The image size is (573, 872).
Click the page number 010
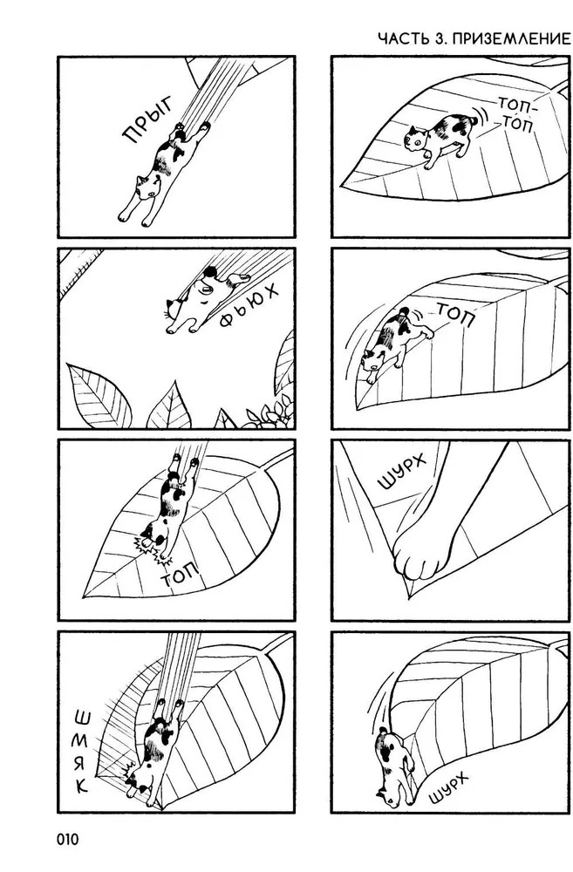click(x=67, y=839)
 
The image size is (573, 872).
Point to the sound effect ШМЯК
click(x=81, y=754)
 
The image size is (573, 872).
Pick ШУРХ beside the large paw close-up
click(x=402, y=471)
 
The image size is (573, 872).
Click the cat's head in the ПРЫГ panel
click(x=147, y=185)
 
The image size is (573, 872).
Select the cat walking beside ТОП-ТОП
click(x=440, y=139)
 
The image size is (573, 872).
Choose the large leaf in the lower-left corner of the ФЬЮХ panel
click(x=98, y=395)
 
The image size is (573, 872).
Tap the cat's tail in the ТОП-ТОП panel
click(x=474, y=119)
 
